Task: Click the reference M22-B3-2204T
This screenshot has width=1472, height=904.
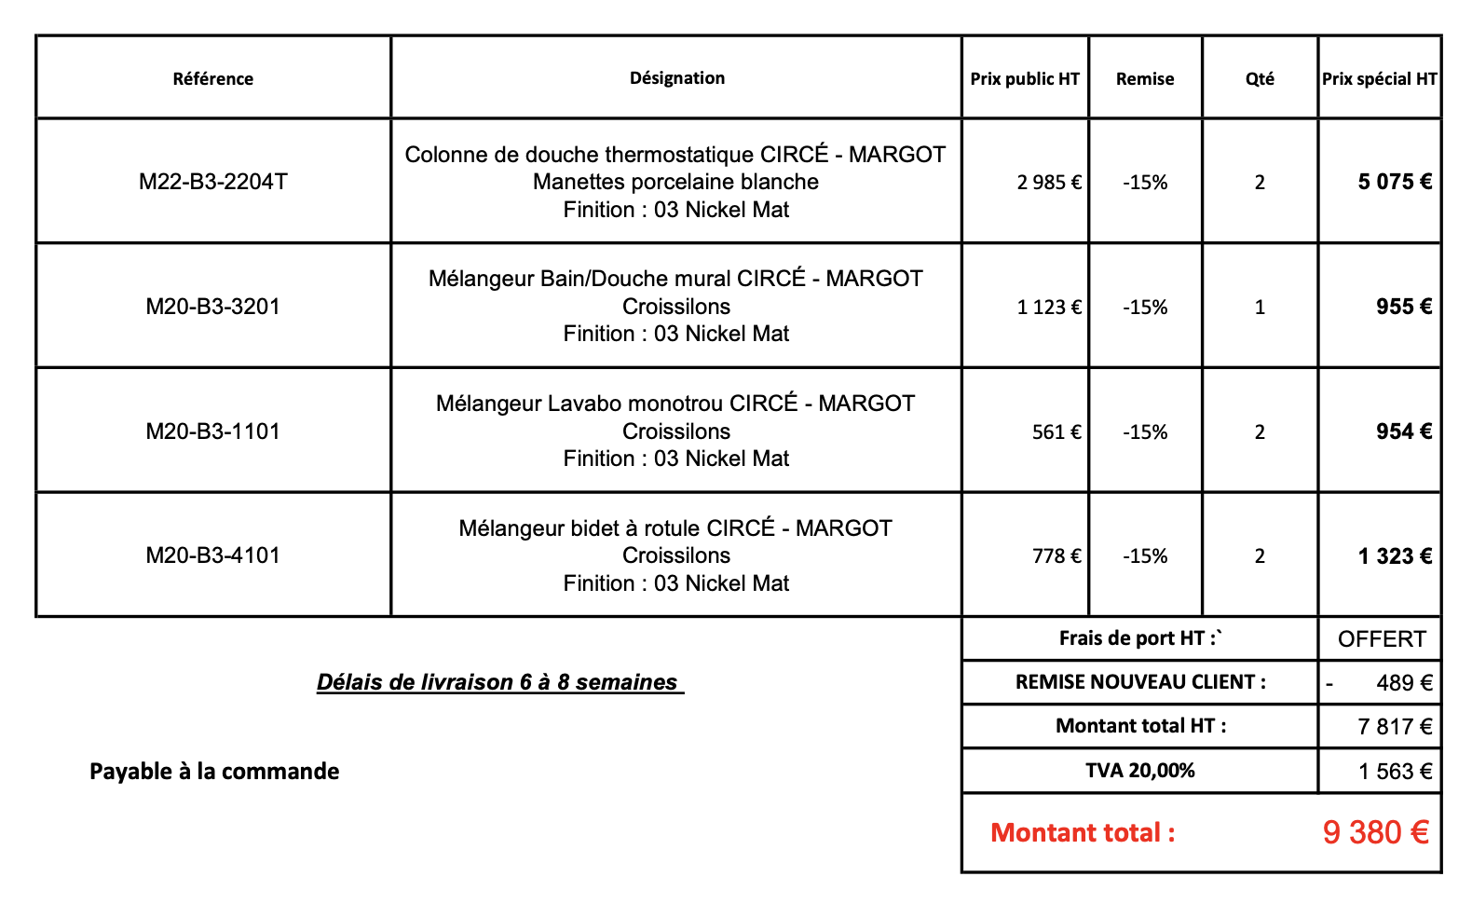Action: [x=213, y=182]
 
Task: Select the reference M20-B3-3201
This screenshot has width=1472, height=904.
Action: [x=213, y=307]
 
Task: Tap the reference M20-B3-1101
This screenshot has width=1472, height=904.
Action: [x=213, y=431]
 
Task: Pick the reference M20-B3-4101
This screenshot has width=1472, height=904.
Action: [x=213, y=555]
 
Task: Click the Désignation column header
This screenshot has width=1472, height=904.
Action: [x=677, y=78]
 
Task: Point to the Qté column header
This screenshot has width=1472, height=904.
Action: [x=1260, y=79]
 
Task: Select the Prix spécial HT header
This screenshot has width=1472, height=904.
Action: [x=1380, y=79]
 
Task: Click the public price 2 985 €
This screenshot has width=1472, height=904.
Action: [x=1049, y=183]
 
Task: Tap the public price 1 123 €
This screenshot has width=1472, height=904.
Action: [x=1049, y=308]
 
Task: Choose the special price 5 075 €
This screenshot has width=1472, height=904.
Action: [x=1395, y=183]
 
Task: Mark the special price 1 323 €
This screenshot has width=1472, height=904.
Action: [x=1395, y=557]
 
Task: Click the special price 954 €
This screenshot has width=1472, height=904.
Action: [x=1404, y=431]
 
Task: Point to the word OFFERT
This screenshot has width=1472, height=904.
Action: [x=1382, y=639]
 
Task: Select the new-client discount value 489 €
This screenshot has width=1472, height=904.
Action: [x=1404, y=683]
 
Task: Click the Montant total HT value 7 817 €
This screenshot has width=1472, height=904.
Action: [x=1395, y=727]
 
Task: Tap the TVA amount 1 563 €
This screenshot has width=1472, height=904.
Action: [x=1395, y=772]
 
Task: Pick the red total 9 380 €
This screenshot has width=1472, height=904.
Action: [x=1375, y=832]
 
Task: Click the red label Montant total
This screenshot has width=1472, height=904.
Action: [x=1083, y=833]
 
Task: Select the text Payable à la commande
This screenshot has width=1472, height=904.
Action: [x=214, y=772]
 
